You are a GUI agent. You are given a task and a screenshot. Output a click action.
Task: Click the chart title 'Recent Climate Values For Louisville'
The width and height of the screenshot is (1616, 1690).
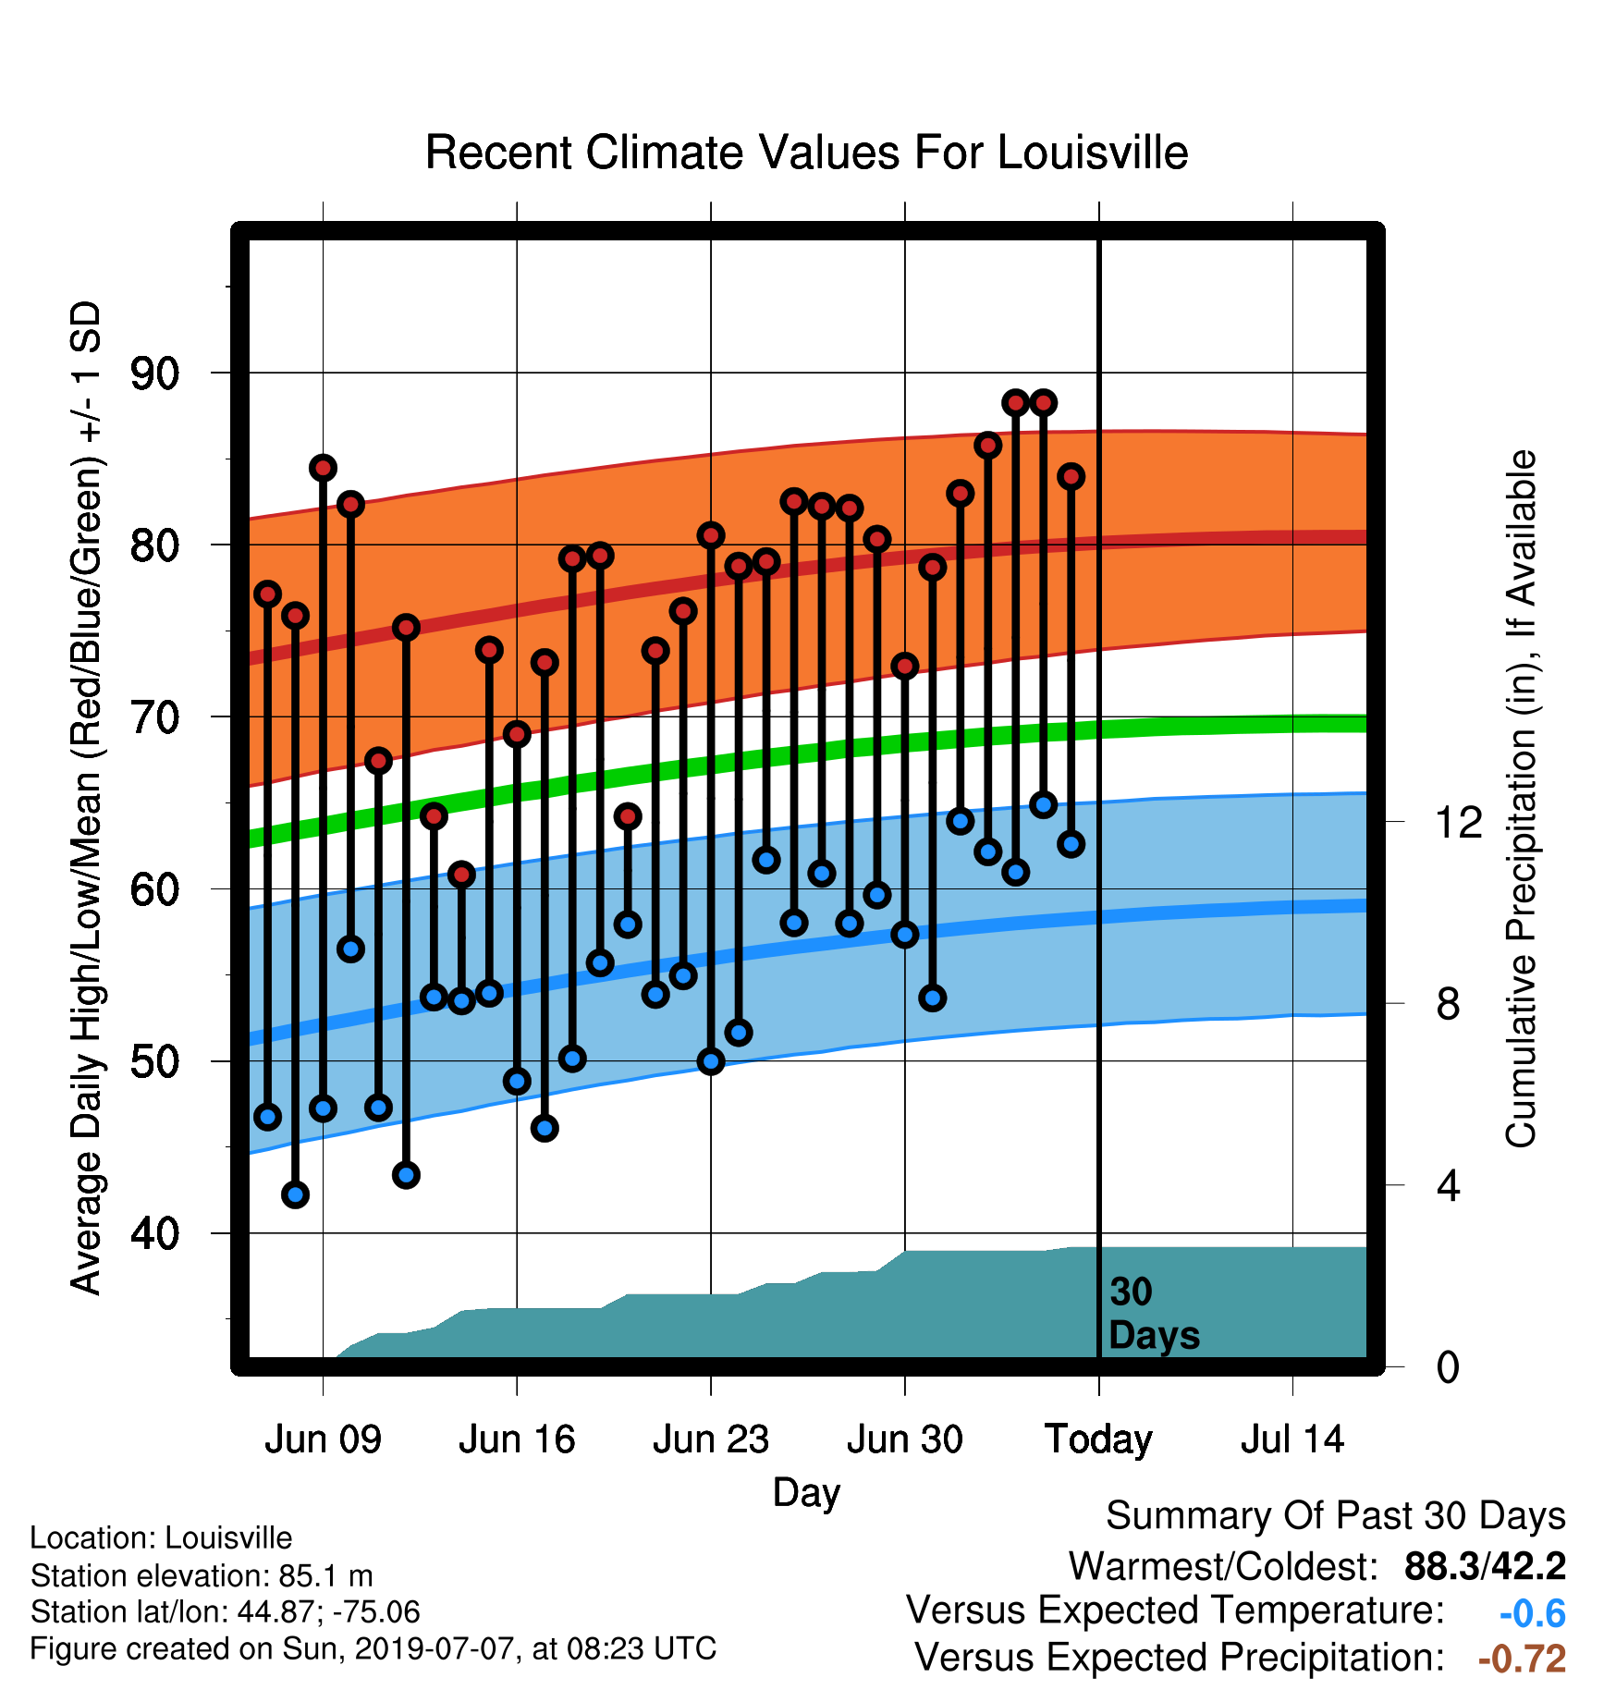tap(806, 153)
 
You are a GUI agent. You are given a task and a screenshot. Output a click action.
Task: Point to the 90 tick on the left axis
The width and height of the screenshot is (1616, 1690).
tap(154, 374)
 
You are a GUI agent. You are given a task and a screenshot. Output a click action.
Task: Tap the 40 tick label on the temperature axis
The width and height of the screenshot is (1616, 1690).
tap(154, 1233)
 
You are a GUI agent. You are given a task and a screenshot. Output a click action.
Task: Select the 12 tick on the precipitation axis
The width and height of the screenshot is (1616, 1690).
tap(1459, 822)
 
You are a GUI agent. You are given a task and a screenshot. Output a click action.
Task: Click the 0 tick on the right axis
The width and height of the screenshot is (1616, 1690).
tap(1448, 1366)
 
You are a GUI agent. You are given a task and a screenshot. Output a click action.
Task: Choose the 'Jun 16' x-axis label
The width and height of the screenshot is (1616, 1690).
tap(517, 1439)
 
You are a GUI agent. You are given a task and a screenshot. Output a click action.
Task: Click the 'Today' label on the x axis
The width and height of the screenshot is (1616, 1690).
tap(1098, 1440)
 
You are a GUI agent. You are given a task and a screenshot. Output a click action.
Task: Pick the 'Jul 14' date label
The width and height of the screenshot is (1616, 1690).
tap(1292, 1439)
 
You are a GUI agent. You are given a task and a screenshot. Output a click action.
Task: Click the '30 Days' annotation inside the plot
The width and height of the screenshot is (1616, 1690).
tap(1153, 1314)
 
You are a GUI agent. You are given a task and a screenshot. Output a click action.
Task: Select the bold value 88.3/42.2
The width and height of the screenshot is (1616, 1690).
tap(1485, 1566)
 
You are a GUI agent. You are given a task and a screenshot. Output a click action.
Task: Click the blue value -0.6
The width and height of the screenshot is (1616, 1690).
tap(1532, 1613)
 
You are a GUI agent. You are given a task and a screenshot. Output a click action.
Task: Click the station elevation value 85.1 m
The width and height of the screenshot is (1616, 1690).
tap(325, 1575)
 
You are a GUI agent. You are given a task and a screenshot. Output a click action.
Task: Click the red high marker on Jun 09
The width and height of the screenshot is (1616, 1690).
tap(323, 468)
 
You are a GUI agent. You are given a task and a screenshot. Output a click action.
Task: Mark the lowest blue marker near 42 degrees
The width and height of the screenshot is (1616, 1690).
tap(295, 1194)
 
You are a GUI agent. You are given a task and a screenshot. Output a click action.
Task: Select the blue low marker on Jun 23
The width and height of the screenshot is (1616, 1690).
tap(711, 1061)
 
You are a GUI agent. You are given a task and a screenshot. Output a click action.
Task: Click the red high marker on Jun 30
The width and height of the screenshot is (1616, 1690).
tap(905, 666)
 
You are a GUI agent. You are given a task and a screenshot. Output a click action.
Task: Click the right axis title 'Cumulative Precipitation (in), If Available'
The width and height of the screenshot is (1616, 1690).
tap(1521, 799)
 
